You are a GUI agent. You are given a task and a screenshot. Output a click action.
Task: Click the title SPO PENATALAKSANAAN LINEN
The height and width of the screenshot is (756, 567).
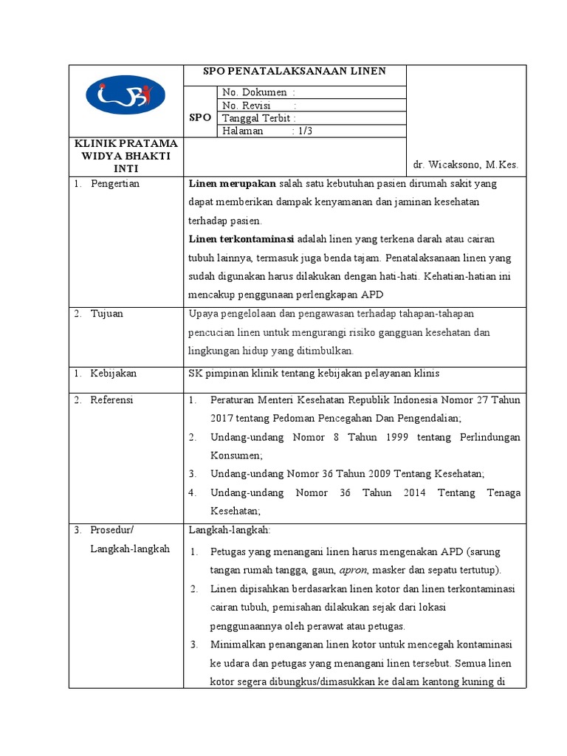click(295, 72)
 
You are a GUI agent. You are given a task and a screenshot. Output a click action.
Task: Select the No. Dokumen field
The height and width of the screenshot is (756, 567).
click(259, 92)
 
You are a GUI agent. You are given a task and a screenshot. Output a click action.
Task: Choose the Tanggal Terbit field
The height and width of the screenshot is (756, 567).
click(259, 118)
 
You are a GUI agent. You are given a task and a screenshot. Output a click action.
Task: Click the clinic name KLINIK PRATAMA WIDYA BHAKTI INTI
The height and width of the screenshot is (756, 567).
click(126, 156)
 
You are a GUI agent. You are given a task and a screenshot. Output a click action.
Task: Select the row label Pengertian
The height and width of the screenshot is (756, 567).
click(114, 183)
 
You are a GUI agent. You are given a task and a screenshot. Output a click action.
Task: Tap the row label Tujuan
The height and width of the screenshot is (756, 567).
click(107, 313)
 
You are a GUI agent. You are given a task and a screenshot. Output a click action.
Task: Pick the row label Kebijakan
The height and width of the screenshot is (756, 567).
click(113, 373)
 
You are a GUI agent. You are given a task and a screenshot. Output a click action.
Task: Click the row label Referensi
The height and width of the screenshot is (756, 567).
click(111, 399)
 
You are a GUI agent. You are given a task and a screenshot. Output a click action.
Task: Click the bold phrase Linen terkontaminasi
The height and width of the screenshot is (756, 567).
click(241, 238)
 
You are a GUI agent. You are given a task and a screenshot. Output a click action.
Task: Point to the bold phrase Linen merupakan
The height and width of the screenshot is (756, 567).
click(233, 183)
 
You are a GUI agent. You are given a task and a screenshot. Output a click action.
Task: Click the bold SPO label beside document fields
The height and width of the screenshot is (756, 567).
click(200, 117)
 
